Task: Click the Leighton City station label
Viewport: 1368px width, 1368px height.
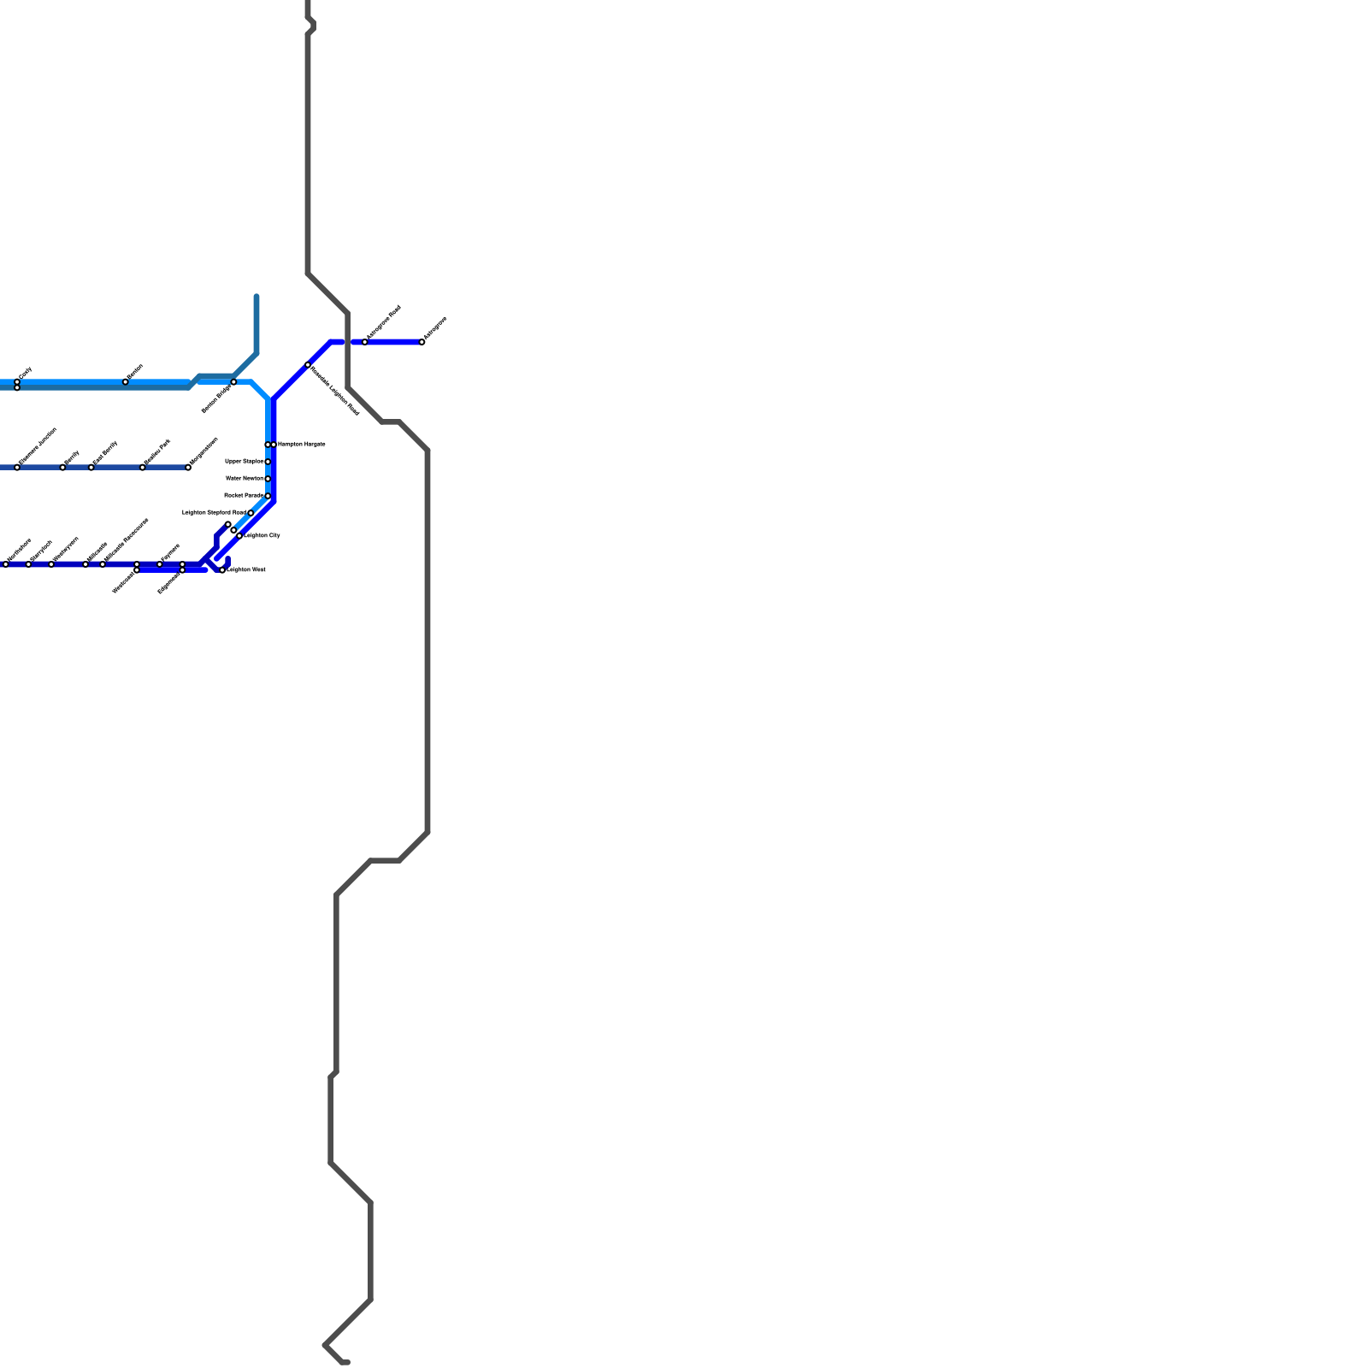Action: pyautogui.click(x=262, y=535)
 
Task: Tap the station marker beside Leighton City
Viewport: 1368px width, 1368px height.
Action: pyautogui.click(x=239, y=535)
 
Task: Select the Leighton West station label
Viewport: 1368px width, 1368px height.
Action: pyautogui.click(x=246, y=569)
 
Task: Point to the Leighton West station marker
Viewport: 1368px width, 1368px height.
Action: pyautogui.click(x=222, y=570)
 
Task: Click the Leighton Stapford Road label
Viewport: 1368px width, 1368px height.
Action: pyautogui.click(x=214, y=512)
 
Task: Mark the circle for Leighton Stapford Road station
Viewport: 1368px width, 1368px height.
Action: pyautogui.click(x=251, y=513)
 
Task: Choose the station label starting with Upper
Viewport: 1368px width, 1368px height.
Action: pyautogui.click(x=244, y=461)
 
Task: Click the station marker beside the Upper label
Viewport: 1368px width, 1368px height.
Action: pyautogui.click(x=268, y=462)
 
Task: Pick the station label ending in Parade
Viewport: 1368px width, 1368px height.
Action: pyautogui.click(x=243, y=495)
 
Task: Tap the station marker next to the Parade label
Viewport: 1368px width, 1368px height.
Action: pyautogui.click(x=268, y=496)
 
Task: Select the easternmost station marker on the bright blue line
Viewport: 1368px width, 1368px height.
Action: pyautogui.click(x=422, y=342)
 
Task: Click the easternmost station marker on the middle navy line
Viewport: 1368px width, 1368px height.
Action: pyautogui.click(x=188, y=468)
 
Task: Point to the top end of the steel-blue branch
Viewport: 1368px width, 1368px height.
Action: pyautogui.click(x=256, y=297)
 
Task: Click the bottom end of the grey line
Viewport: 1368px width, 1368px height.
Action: pyautogui.click(x=346, y=1363)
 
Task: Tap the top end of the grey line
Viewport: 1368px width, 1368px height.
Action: pyautogui.click(x=308, y=3)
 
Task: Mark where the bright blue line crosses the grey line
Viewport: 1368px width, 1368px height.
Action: pyautogui.click(x=348, y=342)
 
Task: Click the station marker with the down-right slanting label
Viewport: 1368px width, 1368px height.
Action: pyautogui.click(x=308, y=365)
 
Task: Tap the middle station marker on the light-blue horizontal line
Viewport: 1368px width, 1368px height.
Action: pyautogui.click(x=126, y=382)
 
